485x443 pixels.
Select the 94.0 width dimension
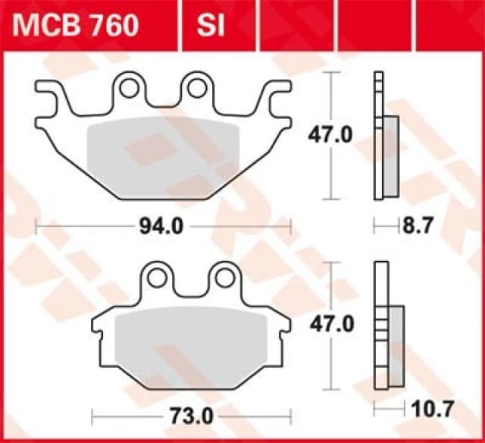click(163, 226)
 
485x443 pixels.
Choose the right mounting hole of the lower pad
click(225, 278)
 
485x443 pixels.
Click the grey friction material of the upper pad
click(163, 152)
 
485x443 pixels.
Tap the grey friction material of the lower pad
click(189, 341)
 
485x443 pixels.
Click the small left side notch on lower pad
click(96, 328)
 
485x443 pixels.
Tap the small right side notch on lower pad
click(284, 328)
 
